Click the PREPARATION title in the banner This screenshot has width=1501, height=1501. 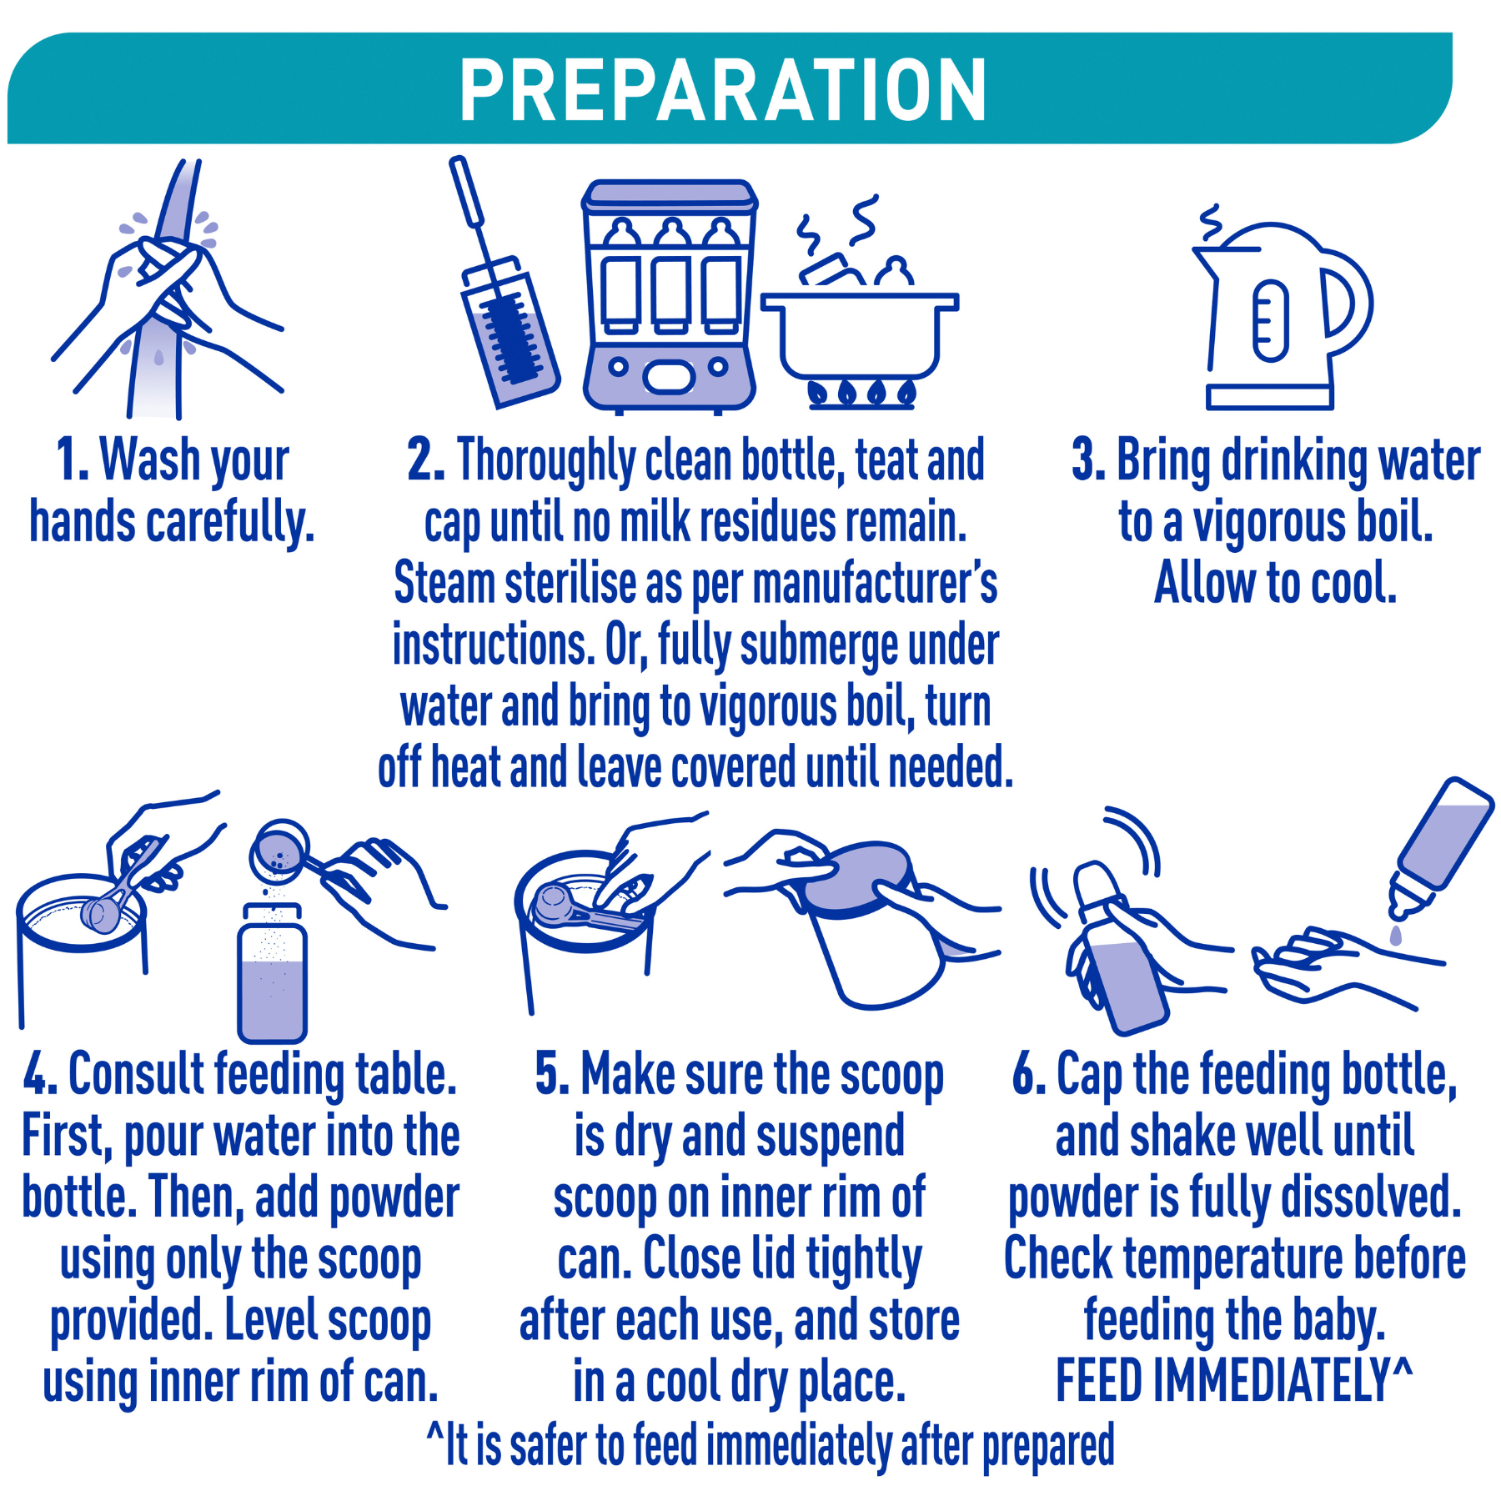(x=723, y=90)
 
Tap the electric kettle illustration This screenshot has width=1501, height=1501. (x=1280, y=317)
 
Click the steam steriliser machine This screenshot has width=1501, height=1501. (x=669, y=296)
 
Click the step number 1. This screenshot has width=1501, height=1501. (x=72, y=460)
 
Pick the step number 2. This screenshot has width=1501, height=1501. (x=425, y=460)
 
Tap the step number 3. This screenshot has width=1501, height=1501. (x=1088, y=460)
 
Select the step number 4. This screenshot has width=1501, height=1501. (x=39, y=1074)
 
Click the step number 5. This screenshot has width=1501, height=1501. (x=551, y=1074)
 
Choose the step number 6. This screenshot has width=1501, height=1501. (x=1029, y=1074)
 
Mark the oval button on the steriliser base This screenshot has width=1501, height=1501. (x=668, y=378)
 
